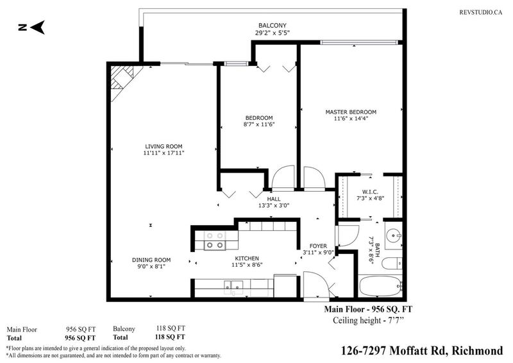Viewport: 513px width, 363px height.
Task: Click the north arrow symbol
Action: pyautogui.click(x=31, y=28)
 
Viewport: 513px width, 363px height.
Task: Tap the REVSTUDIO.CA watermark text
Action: pyautogui.click(x=480, y=12)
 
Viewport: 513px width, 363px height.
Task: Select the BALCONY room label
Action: pyautogui.click(x=272, y=25)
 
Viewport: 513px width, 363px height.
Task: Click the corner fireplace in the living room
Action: pyautogui.click(x=122, y=80)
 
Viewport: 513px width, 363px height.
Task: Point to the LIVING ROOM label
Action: pyautogui.click(x=164, y=146)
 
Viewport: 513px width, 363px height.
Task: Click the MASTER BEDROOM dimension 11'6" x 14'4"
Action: pyautogui.click(x=351, y=119)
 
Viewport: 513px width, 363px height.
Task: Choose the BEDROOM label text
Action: pyautogui.click(x=259, y=118)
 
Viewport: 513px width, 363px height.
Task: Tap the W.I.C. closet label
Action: pyautogui.click(x=370, y=192)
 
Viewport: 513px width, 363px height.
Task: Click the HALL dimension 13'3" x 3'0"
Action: pyautogui.click(x=274, y=206)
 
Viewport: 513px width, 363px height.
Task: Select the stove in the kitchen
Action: pyautogui.click(x=215, y=241)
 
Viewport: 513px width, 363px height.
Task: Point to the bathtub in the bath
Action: pyautogui.click(x=380, y=286)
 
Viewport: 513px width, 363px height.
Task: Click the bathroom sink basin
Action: pyautogui.click(x=392, y=235)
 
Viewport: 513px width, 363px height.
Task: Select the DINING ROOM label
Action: pyautogui.click(x=151, y=260)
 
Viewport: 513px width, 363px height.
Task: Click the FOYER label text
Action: pyautogui.click(x=318, y=246)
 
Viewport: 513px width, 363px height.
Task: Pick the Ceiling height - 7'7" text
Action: pyautogui.click(x=368, y=320)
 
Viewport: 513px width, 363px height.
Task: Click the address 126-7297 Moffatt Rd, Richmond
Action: pyautogui.click(x=422, y=351)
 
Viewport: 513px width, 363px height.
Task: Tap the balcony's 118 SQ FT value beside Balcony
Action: pyautogui.click(x=171, y=328)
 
